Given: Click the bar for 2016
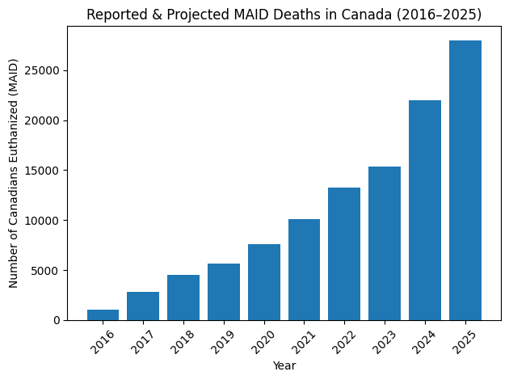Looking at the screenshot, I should click(x=103, y=315).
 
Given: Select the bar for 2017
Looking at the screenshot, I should click(x=143, y=306).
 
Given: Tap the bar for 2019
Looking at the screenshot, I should click(x=224, y=292).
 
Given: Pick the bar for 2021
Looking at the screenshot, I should click(x=304, y=270).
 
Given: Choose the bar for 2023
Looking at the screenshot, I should click(x=385, y=243).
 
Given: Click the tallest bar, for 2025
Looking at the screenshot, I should click(x=465, y=180).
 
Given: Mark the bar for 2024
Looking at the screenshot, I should click(x=425, y=210).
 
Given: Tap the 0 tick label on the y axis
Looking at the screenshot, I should click(x=61, y=321).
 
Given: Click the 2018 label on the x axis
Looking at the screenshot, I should click(x=183, y=341).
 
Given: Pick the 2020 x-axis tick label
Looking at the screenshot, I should click(x=264, y=341).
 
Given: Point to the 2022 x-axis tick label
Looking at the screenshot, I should click(x=344, y=341).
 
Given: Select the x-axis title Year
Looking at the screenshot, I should click(x=284, y=366).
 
